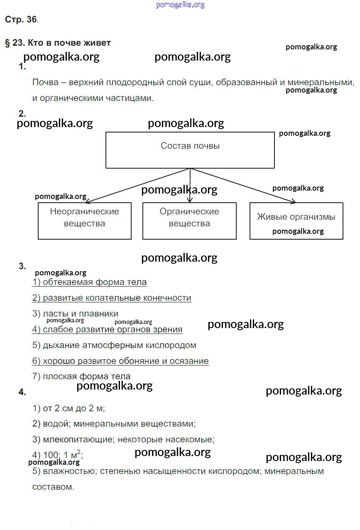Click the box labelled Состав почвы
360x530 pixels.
[x=190, y=150]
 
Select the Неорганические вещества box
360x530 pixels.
[x=85, y=221]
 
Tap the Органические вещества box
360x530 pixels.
[x=189, y=221]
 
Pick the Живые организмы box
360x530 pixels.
[x=296, y=221]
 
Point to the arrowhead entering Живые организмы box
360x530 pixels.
[x=293, y=202]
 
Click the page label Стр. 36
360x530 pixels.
[x=21, y=20]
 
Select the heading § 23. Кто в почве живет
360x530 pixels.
[x=58, y=43]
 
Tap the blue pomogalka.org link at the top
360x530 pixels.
[x=180, y=5]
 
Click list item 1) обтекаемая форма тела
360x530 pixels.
[x=89, y=282]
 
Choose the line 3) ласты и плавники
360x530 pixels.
[x=75, y=314]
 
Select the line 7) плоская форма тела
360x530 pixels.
[x=81, y=376]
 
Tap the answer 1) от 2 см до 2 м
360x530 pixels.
[x=69, y=408]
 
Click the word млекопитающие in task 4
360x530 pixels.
[x=78, y=439]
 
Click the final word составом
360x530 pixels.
[x=53, y=487]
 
